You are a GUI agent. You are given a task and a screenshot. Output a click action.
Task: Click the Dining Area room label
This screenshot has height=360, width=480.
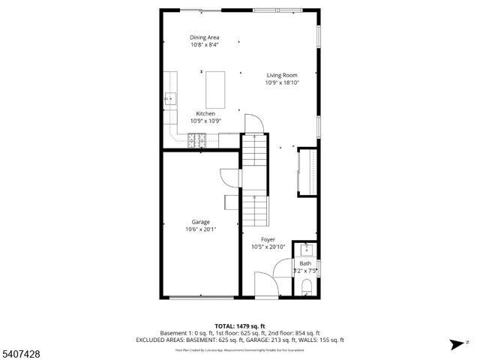tap(204, 37)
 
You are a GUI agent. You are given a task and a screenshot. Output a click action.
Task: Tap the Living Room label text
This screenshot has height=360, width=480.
tap(282, 75)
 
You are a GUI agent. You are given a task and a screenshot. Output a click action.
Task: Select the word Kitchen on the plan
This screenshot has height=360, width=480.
tap(205, 113)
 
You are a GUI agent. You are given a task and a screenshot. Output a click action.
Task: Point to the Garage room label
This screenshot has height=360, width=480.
tap(200, 222)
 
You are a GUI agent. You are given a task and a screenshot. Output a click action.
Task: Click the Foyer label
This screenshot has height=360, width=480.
tap(268, 239)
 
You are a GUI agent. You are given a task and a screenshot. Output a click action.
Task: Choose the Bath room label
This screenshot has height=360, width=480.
tap(305, 263)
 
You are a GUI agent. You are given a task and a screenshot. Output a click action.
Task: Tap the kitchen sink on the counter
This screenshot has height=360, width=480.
tap(170, 97)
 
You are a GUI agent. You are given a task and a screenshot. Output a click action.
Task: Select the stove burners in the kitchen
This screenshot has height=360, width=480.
tap(197, 139)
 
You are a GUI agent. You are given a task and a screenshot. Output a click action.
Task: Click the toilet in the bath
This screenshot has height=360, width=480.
tap(307, 286)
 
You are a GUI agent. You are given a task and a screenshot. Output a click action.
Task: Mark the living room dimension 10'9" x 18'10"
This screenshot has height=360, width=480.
tap(282, 83)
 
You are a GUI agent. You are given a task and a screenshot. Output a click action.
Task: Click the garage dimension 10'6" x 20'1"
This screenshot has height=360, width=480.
tap(200, 229)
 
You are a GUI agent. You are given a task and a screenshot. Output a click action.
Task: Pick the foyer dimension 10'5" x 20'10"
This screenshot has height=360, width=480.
tap(268, 247)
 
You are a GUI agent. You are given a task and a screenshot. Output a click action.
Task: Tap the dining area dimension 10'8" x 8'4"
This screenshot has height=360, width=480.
tap(204, 44)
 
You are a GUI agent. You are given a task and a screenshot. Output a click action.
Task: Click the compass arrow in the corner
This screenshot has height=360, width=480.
tap(454, 344)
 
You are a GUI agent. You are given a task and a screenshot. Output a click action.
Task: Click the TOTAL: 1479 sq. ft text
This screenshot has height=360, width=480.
tap(240, 325)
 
